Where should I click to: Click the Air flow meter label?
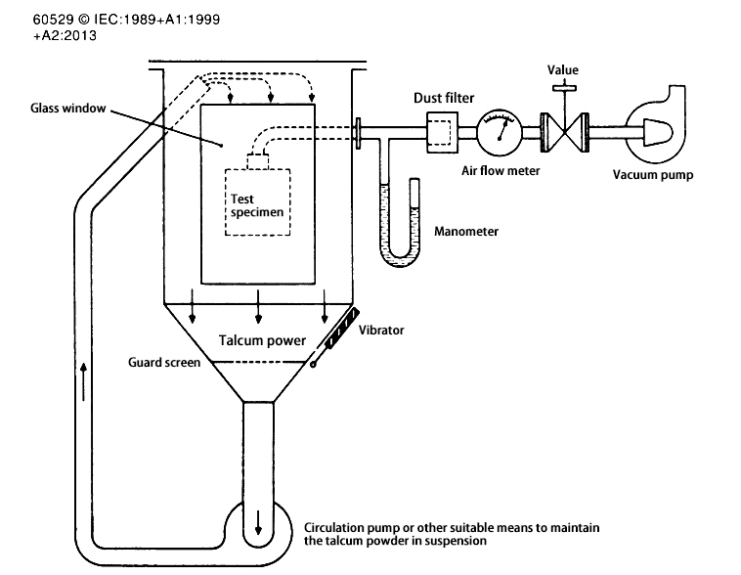(x=501, y=169)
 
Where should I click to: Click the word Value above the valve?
(x=563, y=69)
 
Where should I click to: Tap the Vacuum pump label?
(x=652, y=176)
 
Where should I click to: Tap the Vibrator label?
(x=381, y=331)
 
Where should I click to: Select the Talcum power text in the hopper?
(x=259, y=340)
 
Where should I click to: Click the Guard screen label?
(x=164, y=363)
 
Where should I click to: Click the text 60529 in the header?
(x=23, y=18)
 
